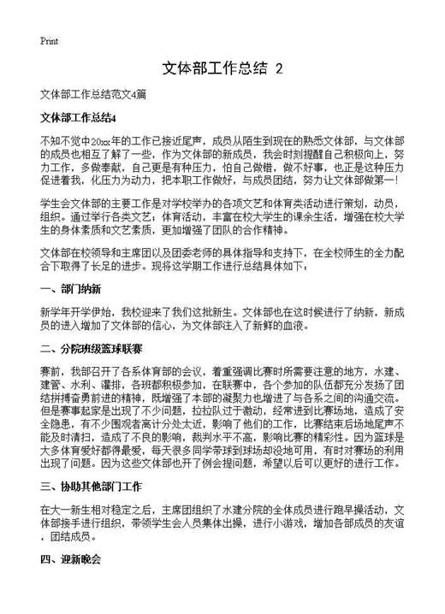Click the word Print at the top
[49, 41]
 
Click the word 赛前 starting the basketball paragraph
[50, 372]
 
